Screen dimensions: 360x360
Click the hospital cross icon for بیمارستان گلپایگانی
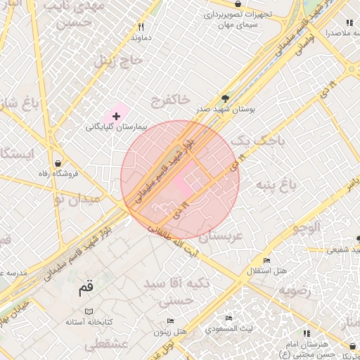coord(116,115)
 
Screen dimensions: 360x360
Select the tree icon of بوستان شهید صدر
coord(225,98)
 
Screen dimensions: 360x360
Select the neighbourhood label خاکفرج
coord(170,101)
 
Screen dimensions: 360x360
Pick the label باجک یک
coord(259,141)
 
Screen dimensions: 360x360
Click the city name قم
coord(86,287)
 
